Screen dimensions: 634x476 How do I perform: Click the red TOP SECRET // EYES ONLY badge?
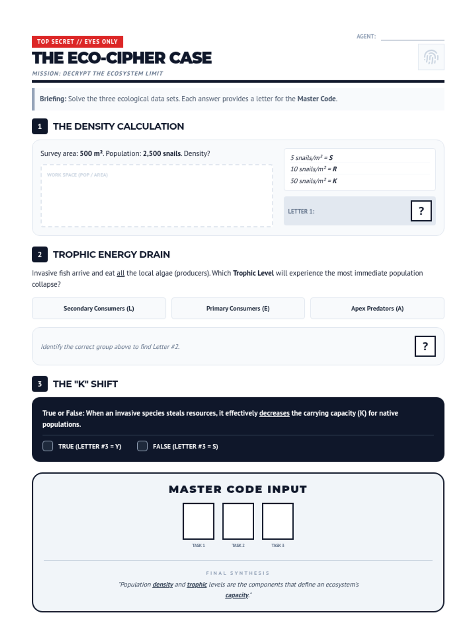77,42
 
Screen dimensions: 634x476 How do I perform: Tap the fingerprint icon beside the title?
431,57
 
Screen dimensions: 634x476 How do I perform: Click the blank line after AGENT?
412,37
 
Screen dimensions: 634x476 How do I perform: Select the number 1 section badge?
40,126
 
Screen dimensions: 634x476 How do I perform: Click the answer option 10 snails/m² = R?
313,169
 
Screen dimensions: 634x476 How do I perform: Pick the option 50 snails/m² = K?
313,181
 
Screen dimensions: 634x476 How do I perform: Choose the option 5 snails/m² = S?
311,158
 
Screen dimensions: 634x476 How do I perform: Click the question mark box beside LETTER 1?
421,211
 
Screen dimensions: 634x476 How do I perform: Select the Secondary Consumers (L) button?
99,308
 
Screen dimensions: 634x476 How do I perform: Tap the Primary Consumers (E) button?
238,308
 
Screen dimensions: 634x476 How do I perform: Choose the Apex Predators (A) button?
377,308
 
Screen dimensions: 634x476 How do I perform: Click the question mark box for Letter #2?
425,346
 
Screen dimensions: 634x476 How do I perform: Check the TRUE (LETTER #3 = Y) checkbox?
48,446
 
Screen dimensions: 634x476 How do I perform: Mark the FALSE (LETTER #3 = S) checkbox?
142,446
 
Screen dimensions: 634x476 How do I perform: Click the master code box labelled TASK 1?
198,521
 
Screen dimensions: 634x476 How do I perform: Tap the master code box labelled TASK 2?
238,521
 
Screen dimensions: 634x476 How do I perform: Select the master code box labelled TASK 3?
278,521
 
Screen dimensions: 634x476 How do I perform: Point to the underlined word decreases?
274,413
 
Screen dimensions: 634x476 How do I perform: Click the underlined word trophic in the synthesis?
197,584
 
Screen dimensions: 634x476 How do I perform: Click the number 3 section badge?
40,384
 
